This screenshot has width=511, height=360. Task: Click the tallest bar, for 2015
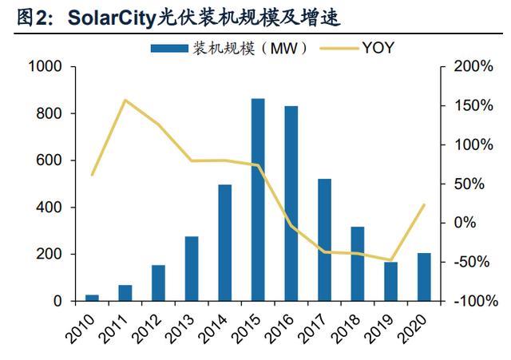point(258,200)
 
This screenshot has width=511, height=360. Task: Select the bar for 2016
point(291,204)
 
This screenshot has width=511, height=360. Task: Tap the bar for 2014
point(224,243)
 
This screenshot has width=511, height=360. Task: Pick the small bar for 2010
point(92,298)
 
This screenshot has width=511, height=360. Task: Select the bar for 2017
point(325,239)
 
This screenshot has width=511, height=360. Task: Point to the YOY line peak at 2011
point(125,100)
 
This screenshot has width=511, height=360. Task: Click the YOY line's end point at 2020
point(424,204)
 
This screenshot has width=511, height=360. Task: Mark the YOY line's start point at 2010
point(92,175)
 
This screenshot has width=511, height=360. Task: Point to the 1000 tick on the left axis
point(45,67)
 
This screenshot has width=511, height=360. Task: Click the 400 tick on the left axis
point(50,208)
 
